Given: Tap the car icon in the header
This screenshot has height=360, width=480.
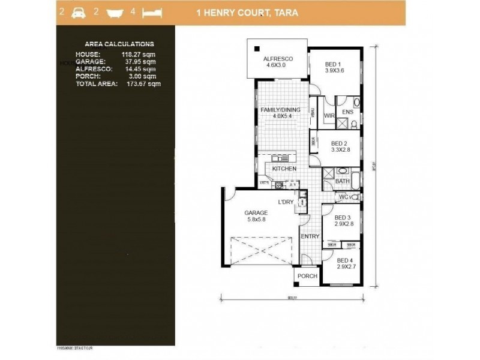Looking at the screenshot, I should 77,11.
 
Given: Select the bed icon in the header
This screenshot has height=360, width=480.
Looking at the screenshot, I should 152,11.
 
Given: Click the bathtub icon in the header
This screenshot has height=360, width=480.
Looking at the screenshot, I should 114,11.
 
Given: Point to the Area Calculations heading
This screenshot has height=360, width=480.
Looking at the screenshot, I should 119,44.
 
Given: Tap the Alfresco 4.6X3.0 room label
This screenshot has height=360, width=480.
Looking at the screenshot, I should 278,62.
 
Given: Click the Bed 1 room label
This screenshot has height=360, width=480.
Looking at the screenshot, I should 334,67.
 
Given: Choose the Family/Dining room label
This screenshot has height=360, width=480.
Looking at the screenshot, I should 277,113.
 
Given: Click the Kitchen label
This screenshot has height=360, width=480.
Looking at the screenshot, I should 284,170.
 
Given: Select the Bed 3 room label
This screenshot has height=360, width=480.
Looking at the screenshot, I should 342,221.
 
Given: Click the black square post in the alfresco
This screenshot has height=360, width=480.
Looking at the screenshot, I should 256,49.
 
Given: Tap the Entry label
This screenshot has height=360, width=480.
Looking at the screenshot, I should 310,236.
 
